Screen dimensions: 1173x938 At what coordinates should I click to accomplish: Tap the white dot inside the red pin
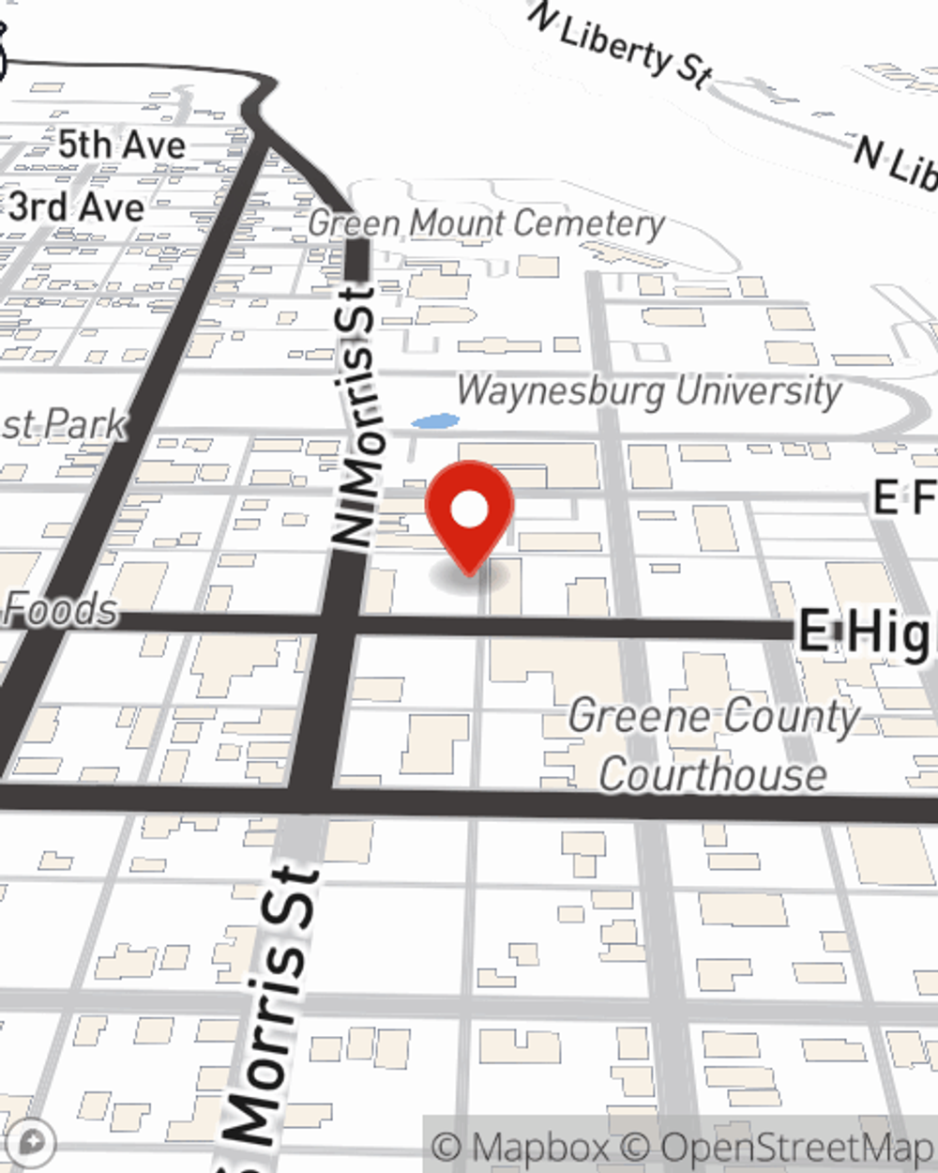469,510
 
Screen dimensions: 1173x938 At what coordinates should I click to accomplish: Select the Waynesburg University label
649,390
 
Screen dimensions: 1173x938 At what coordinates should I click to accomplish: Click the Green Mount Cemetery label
486,223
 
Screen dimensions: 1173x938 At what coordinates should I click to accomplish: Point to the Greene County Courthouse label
713,746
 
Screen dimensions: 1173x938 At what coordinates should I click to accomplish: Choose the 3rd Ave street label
77,206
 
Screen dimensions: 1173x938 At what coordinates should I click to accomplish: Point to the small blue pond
435,422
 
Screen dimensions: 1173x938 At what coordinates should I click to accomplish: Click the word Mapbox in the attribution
540,1148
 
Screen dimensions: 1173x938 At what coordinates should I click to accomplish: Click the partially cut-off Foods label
60,610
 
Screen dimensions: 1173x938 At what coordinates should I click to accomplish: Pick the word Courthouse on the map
713,775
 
